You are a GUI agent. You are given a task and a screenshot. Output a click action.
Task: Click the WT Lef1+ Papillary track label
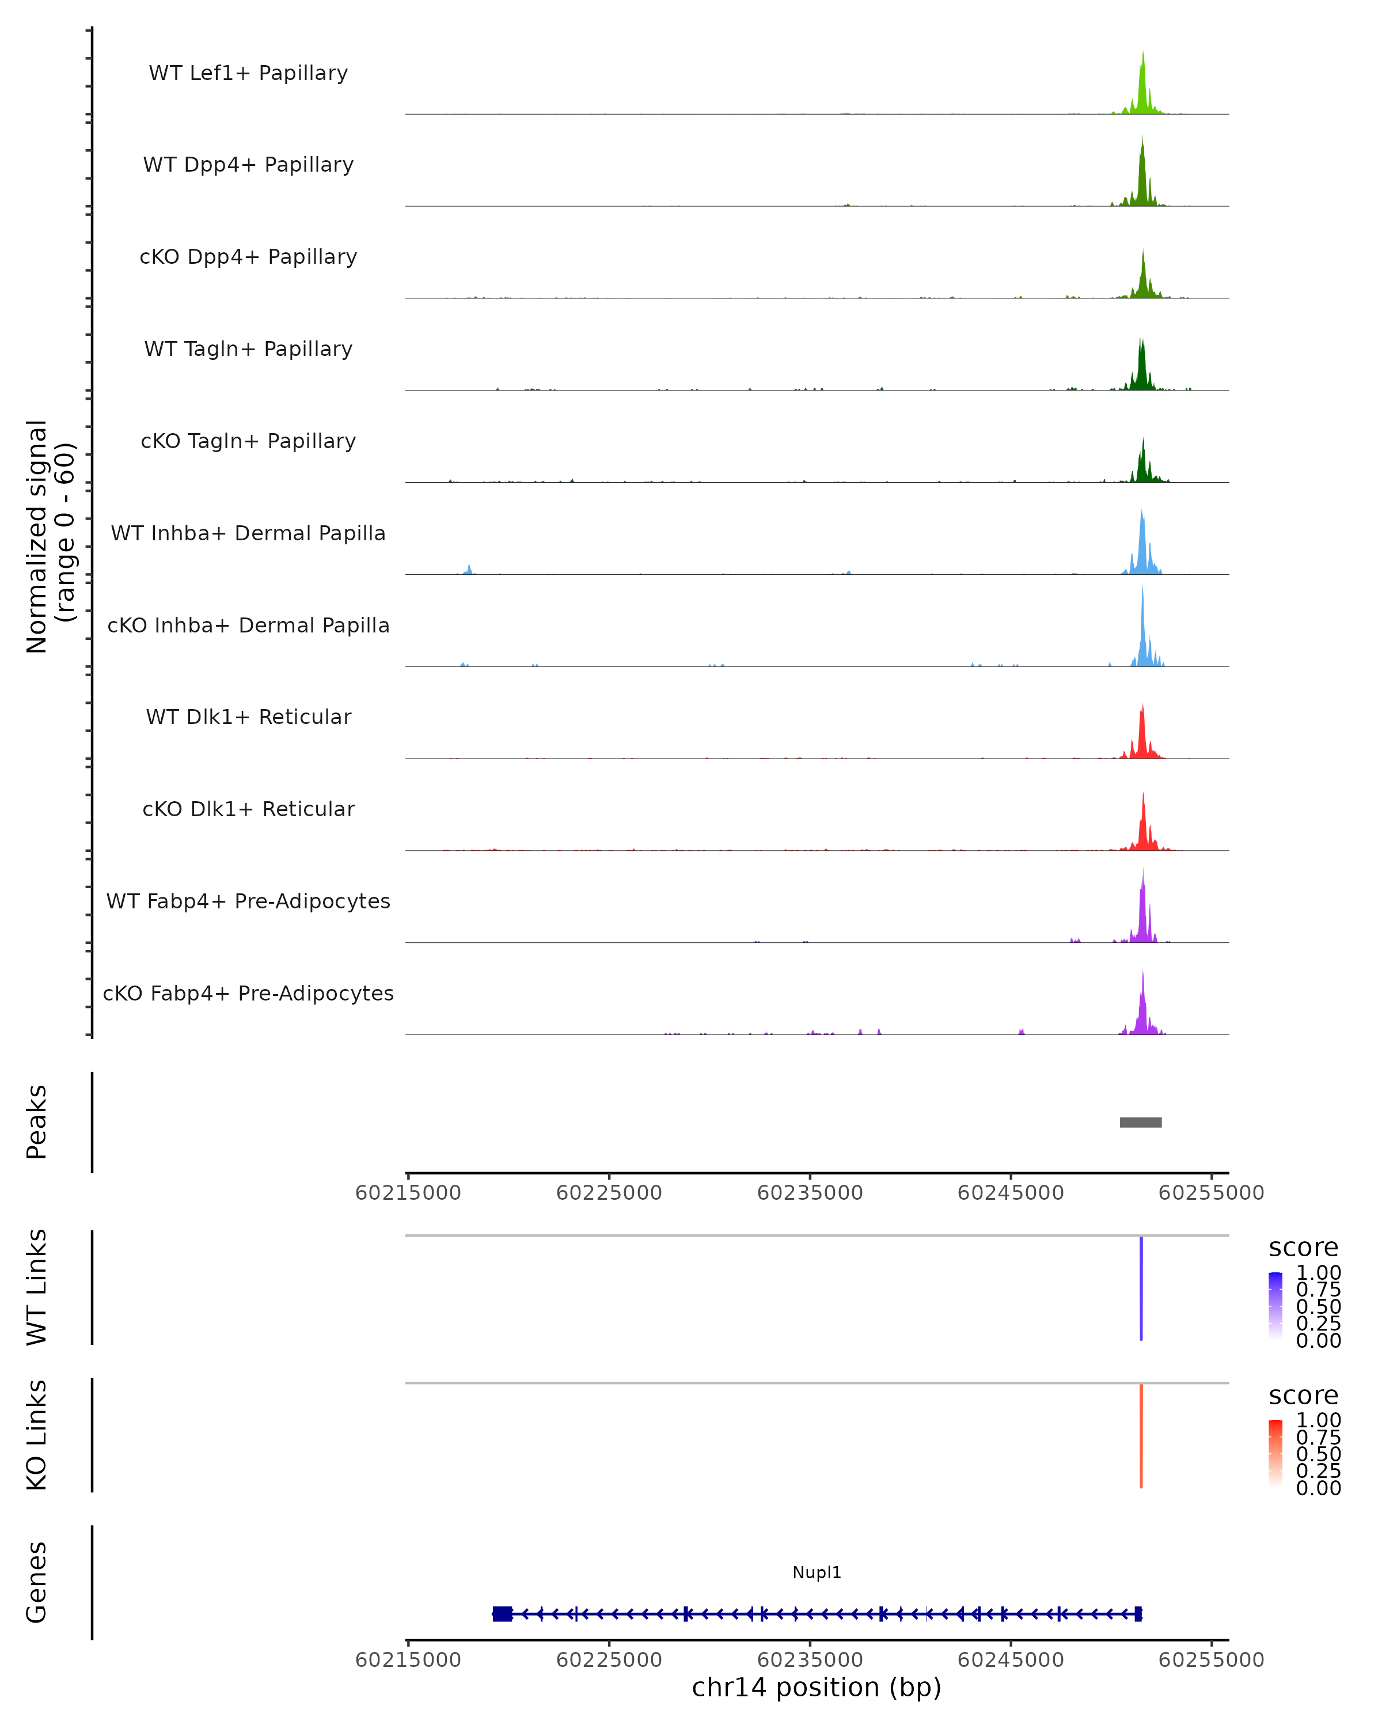coord(248,73)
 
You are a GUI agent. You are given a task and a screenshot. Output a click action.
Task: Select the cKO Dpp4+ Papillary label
coord(248,257)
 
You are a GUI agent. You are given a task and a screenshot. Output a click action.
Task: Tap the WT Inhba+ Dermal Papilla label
coord(248,534)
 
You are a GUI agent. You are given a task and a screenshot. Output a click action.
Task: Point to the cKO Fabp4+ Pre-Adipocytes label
coord(248,994)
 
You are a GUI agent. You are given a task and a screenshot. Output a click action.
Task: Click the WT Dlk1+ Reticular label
coord(248,717)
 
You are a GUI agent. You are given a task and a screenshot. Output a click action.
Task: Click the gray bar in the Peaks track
coord(1140,1123)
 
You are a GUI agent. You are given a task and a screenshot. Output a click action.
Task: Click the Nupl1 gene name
coord(817,1572)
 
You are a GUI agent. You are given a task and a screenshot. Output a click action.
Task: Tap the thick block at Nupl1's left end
coord(502,1613)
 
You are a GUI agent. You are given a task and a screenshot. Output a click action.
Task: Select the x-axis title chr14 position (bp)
coord(817,1687)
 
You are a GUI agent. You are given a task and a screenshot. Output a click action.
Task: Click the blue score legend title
coord(1304,1248)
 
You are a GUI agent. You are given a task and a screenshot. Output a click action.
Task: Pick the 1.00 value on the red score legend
coord(1319,1420)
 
